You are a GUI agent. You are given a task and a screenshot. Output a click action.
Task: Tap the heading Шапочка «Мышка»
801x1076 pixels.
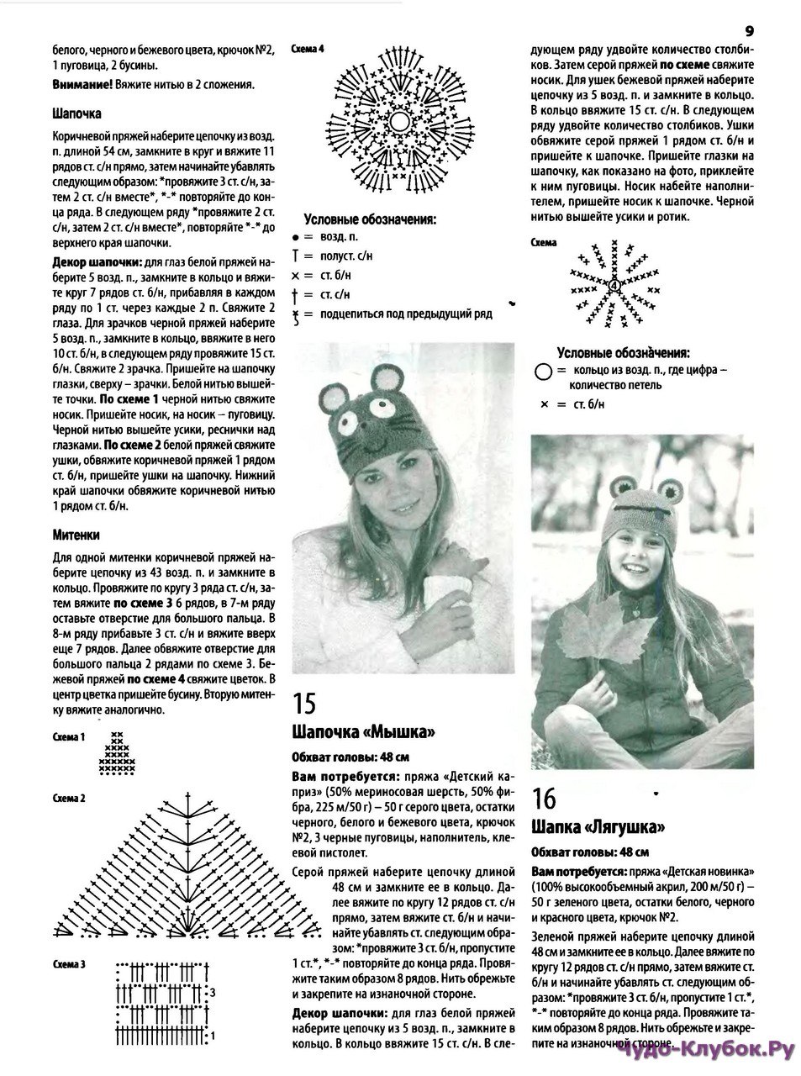point(363,731)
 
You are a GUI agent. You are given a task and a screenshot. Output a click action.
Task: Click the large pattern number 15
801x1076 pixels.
point(304,703)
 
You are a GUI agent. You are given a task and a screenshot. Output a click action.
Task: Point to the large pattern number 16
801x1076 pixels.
point(544,796)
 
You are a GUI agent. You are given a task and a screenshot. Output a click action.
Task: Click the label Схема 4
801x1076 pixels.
point(305,50)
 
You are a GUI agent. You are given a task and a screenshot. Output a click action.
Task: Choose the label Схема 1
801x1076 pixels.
point(69,736)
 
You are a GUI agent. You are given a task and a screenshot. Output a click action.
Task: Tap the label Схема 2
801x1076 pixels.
point(69,796)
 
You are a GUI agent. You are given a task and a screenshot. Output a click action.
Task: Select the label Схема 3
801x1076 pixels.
point(69,963)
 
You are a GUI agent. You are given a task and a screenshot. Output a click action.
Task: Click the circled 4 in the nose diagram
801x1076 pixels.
point(614,285)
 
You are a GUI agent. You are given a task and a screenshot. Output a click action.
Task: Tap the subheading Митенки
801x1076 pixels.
point(76,534)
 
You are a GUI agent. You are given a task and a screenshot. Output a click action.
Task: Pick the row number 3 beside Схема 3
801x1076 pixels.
point(213,993)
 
